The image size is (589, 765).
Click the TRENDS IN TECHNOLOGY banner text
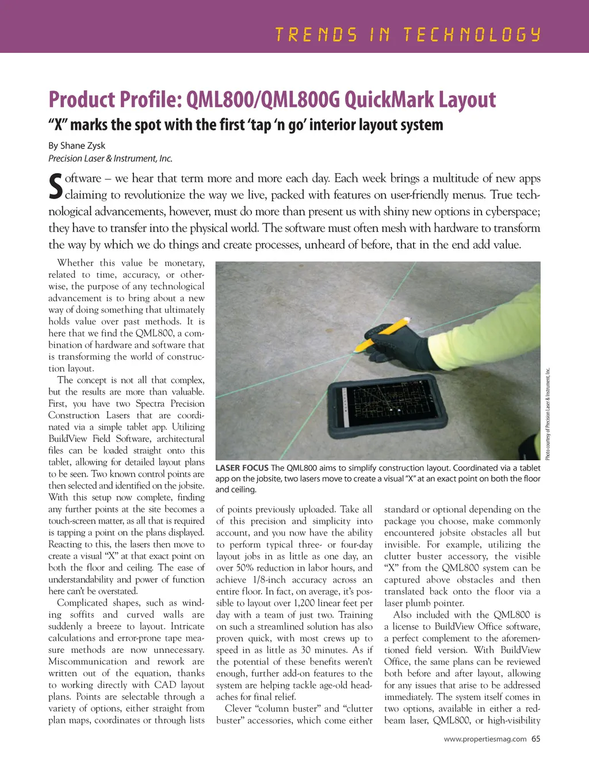[408, 35]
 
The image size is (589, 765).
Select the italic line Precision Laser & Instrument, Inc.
[110, 159]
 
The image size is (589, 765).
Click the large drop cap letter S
[55, 186]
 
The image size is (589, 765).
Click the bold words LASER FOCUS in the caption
[242, 468]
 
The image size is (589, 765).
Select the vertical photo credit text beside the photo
[548, 414]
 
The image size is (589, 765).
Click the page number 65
[536, 739]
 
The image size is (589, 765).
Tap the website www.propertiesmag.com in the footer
[485, 739]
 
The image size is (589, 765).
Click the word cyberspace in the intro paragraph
[512, 212]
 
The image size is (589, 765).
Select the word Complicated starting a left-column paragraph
[82, 603]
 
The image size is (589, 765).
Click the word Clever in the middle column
[238, 709]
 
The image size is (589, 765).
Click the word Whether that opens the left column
[76, 263]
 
